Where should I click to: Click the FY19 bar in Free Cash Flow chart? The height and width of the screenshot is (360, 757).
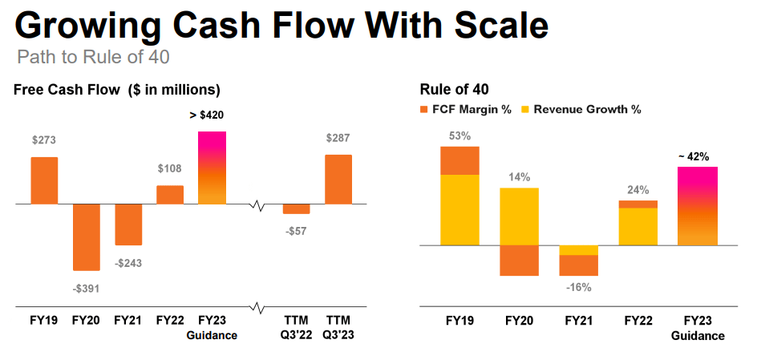[x=44, y=180]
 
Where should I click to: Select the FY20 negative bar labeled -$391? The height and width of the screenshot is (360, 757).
[x=86, y=237]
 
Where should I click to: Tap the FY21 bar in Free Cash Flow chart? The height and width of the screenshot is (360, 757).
[x=128, y=224]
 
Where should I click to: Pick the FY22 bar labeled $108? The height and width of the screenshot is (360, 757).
[x=170, y=195]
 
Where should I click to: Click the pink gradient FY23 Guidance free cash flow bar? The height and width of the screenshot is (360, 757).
[x=212, y=168]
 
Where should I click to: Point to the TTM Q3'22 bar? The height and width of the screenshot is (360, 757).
[x=296, y=208]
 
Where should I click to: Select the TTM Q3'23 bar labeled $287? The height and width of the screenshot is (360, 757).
[x=338, y=180]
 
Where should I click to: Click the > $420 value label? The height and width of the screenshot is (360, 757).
[x=207, y=115]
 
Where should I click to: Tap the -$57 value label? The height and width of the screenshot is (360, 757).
[x=296, y=231]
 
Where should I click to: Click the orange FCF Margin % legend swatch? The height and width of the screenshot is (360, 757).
[x=425, y=109]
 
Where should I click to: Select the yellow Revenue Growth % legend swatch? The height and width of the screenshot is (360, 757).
[x=526, y=109]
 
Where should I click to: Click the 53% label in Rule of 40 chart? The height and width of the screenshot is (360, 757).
[x=459, y=135]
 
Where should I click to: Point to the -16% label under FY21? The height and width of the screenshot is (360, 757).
[x=578, y=287]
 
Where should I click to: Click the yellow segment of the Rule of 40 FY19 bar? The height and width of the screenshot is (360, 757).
[x=459, y=209]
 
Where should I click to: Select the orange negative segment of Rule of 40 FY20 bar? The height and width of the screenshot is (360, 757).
[x=519, y=260]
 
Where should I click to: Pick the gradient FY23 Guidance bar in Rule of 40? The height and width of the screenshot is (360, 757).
[x=698, y=205]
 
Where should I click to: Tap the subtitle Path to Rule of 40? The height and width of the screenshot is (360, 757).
[x=93, y=58]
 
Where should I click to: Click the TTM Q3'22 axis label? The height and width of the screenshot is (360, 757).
[x=296, y=327]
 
